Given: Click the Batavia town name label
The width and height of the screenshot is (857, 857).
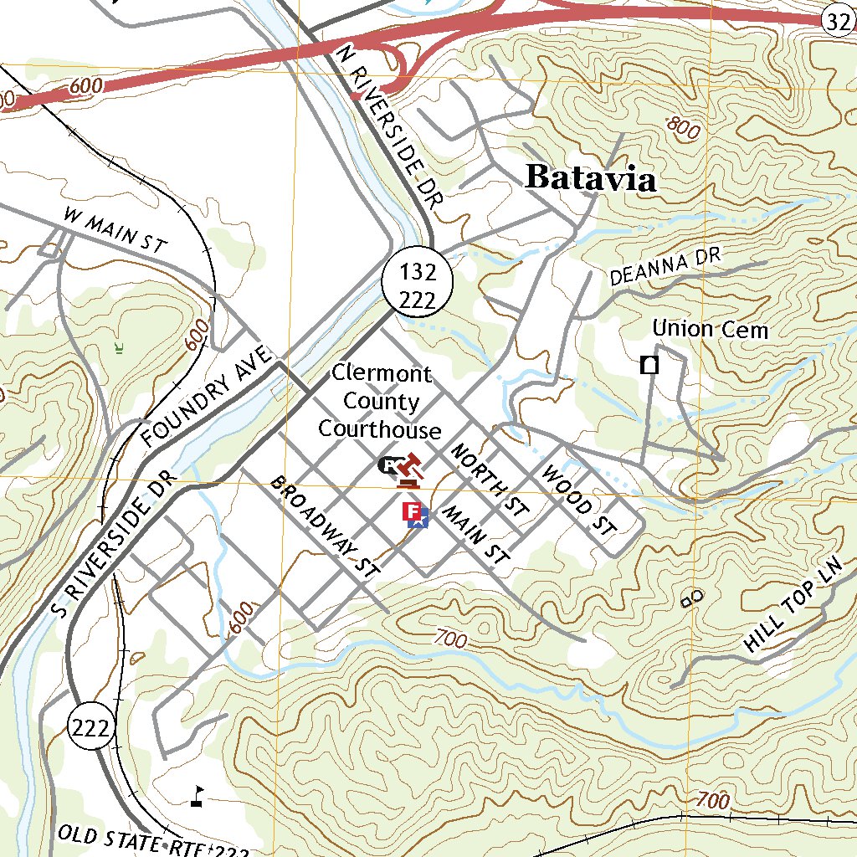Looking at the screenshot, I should pos(590,177).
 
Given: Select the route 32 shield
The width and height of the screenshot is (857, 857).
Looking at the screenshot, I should pos(838,23).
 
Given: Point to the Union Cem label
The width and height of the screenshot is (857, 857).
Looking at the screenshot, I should pos(710,329).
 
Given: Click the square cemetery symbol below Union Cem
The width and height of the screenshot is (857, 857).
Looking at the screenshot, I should pos(649,365).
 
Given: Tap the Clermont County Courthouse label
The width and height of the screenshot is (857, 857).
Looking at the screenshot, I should pos(381,402).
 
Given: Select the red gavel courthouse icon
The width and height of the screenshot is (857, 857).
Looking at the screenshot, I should pos(410,470).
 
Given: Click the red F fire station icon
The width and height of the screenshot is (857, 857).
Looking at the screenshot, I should pos(411,511).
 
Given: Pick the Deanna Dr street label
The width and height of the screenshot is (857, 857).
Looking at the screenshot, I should pos(665,267).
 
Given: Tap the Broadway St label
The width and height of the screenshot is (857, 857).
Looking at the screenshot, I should pos(325,526).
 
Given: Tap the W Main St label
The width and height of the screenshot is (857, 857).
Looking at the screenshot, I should pos(115,230).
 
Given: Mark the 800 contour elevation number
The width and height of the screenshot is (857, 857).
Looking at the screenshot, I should pos(684,128).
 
